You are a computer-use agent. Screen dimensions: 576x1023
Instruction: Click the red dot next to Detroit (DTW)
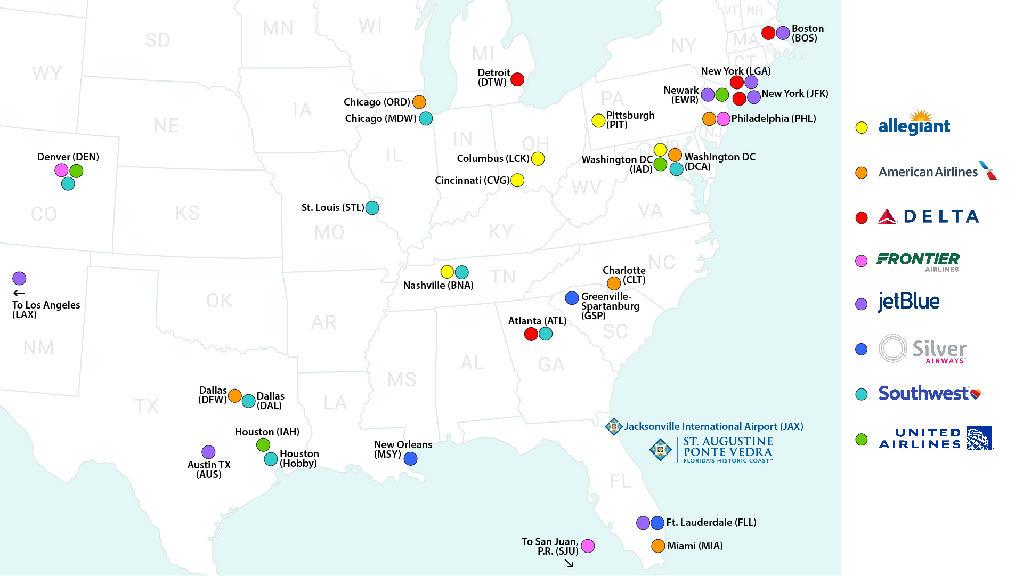(517, 79)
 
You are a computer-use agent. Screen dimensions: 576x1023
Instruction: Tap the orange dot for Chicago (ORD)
(419, 102)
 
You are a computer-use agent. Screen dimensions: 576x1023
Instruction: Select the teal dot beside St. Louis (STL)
(372, 208)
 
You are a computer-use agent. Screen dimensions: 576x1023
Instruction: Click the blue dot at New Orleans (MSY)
(410, 459)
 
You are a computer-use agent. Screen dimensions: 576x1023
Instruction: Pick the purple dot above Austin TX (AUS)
(208, 452)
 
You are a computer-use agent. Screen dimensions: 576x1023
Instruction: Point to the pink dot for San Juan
(588, 546)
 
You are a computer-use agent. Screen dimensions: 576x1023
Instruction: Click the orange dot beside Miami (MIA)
(658, 546)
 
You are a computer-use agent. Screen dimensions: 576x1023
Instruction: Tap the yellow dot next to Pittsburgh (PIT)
(598, 121)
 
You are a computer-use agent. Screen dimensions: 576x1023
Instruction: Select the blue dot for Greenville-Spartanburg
(572, 298)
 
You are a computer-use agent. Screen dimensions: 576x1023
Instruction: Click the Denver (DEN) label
(68, 157)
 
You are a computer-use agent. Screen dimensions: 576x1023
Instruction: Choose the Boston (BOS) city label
(807, 33)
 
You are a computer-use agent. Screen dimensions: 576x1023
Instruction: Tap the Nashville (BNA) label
(438, 286)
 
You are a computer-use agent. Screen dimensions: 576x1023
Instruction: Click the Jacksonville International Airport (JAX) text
(713, 427)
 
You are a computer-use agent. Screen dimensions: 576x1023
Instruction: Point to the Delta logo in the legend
(928, 217)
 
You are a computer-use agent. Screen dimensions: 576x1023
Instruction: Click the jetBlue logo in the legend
(908, 302)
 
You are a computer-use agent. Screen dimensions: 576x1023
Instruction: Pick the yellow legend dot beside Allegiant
(862, 128)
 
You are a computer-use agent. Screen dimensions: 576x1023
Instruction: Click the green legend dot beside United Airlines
(862, 440)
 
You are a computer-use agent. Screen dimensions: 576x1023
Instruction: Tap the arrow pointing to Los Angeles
(19, 293)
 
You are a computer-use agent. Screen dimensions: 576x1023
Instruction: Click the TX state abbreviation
(146, 407)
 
